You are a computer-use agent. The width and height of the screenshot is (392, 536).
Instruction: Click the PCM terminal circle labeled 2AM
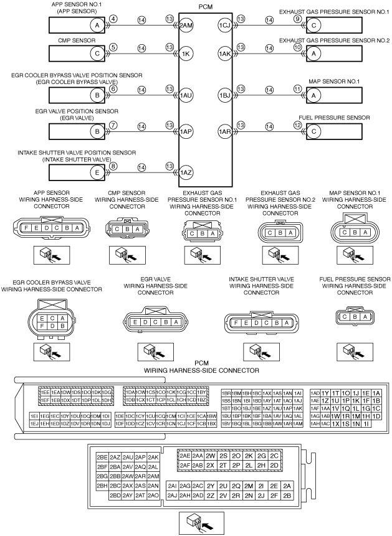click(x=186, y=25)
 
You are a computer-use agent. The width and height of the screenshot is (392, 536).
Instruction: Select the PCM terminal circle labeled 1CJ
click(x=224, y=25)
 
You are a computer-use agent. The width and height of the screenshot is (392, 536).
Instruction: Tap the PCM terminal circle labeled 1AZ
click(x=186, y=172)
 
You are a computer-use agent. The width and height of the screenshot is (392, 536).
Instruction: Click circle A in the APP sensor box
click(x=97, y=25)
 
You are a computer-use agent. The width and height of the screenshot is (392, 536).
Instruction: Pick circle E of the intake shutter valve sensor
click(x=97, y=172)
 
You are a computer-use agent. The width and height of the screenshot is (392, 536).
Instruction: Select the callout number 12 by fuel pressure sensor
click(x=297, y=125)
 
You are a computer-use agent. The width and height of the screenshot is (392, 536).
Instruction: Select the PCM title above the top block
click(x=205, y=6)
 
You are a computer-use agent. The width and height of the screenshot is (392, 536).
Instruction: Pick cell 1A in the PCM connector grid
click(x=376, y=393)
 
